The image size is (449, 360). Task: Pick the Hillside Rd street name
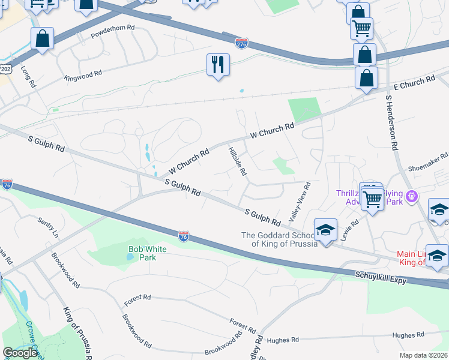pos(237,161)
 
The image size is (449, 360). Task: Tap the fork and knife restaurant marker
pos(218,64)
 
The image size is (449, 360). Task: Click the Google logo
pos(20,353)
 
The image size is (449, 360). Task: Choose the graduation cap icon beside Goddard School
pos(325,230)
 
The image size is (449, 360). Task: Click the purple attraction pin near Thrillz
pos(411,196)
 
